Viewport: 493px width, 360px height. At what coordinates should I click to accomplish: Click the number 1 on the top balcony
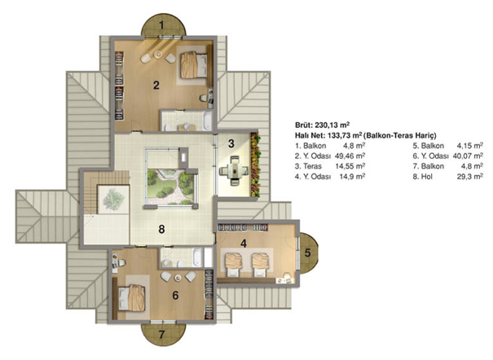click(x=161, y=24)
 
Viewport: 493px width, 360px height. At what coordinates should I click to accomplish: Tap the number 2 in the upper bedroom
click(x=156, y=85)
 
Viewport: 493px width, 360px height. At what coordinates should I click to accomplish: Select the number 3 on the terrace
click(x=231, y=143)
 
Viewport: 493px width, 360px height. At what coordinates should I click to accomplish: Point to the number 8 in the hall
click(x=161, y=230)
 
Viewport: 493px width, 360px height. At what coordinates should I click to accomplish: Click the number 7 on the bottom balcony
click(x=161, y=335)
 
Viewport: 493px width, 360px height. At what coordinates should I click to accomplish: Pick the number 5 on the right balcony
click(x=307, y=252)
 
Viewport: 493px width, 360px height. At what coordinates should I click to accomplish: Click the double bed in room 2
click(x=194, y=65)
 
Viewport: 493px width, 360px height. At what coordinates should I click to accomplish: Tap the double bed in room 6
click(x=132, y=298)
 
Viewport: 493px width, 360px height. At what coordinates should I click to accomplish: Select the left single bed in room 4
click(x=234, y=266)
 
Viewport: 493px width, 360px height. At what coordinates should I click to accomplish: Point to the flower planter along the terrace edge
click(x=255, y=165)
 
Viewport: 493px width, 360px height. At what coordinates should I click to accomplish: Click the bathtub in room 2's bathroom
click(x=207, y=121)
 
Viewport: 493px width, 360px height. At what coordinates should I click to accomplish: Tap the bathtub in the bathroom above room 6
click(x=197, y=257)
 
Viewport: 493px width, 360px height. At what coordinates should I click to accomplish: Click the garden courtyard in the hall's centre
click(x=169, y=187)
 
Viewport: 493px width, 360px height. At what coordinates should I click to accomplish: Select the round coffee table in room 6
click(x=178, y=278)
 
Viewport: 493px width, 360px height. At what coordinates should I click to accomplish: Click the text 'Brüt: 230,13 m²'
click(x=322, y=125)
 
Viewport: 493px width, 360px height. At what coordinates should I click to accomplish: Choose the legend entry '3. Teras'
click(x=308, y=166)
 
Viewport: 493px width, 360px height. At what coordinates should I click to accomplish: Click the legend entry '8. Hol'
click(x=422, y=177)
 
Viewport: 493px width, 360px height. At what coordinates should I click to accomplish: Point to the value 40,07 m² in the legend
click(x=468, y=156)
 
